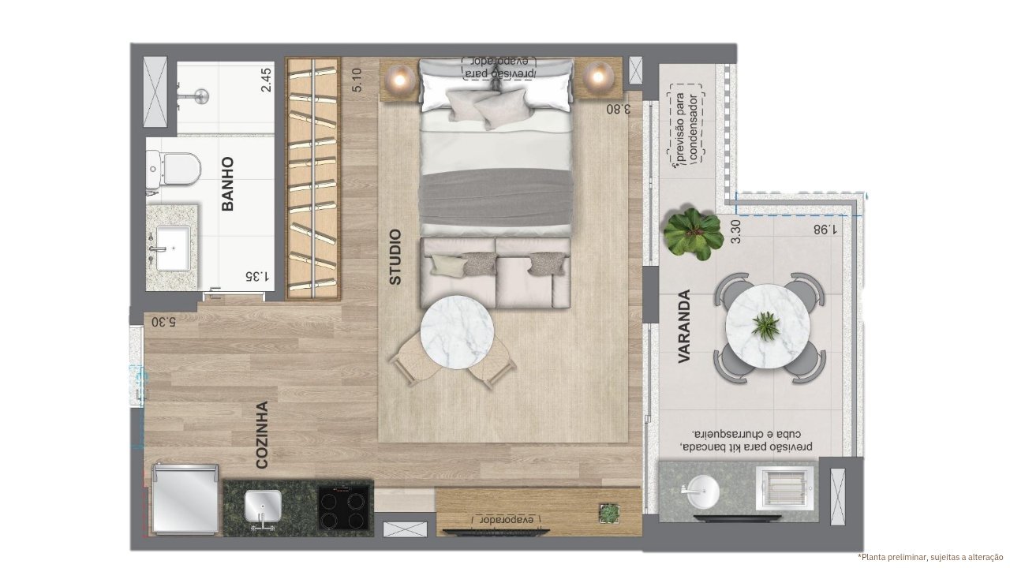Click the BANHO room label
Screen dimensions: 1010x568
pyautogui.click(x=228, y=184)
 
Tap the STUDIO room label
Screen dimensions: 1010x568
pyautogui.click(x=395, y=257)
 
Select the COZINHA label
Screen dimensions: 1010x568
pyautogui.click(x=262, y=435)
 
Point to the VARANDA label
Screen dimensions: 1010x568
pyautogui.click(x=684, y=327)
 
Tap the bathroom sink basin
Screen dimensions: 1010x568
pyautogui.click(x=173, y=248)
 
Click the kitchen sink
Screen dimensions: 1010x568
pyautogui.click(x=263, y=505)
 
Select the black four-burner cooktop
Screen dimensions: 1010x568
pyautogui.click(x=345, y=507)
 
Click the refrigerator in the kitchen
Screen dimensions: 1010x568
pyautogui.click(x=185, y=499)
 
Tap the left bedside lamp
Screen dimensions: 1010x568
pyautogui.click(x=399, y=80)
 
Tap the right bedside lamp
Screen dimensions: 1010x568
pyautogui.click(x=598, y=77)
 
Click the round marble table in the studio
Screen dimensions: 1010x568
pyautogui.click(x=457, y=332)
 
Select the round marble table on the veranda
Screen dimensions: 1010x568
pyautogui.click(x=768, y=326)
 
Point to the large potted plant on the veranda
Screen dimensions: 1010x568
pyautogui.click(x=692, y=233)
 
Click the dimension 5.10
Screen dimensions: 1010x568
pyautogui.click(x=357, y=80)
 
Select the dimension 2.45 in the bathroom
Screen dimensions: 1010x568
pyautogui.click(x=266, y=80)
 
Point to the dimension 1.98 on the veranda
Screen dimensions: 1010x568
pyautogui.click(x=825, y=230)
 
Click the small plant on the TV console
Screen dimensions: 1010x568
pyautogui.click(x=610, y=514)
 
